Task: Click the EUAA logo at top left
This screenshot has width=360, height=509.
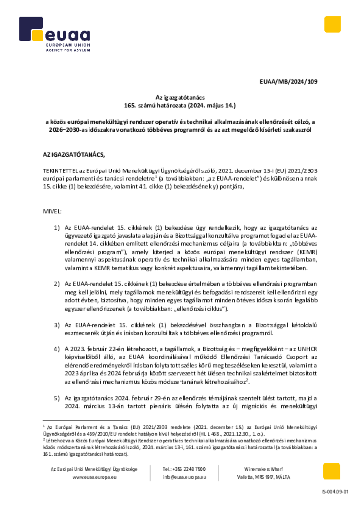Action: pos(55,35)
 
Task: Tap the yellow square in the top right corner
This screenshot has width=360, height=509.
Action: pos(332,25)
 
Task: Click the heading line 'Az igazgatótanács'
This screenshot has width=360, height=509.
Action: pos(180,98)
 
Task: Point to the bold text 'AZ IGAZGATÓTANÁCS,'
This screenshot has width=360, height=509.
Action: pos(75,155)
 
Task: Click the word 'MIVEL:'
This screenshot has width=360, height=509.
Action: pos(53,211)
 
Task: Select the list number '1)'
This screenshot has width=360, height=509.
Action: pos(57,227)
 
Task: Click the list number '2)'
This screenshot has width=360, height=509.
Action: pos(57,283)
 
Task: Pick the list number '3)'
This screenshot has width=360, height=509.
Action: pos(57,325)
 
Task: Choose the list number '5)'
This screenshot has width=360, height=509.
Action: pos(57,398)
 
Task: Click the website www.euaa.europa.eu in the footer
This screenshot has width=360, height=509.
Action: pos(94,477)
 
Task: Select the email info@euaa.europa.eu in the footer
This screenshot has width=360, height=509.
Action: pos(184,477)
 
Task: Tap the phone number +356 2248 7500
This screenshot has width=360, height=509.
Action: pos(184,469)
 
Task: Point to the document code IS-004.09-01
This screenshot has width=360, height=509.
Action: pos(336,492)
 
